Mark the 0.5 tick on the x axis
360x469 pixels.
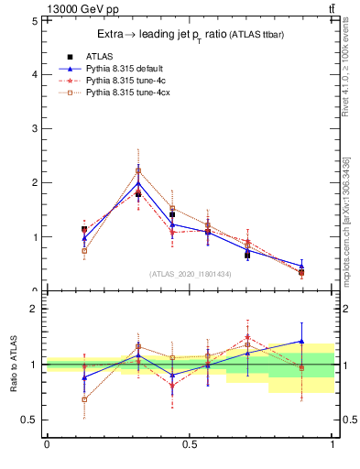coord(190,444)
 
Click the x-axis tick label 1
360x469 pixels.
coord(333,444)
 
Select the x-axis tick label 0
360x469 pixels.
coord(47,444)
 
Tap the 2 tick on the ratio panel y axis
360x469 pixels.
coord(35,309)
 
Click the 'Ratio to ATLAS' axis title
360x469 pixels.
coord(15,365)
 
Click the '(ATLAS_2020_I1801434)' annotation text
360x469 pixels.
coord(190,274)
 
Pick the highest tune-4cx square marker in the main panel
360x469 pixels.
coord(138,170)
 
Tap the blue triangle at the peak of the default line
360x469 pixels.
coord(138,183)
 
